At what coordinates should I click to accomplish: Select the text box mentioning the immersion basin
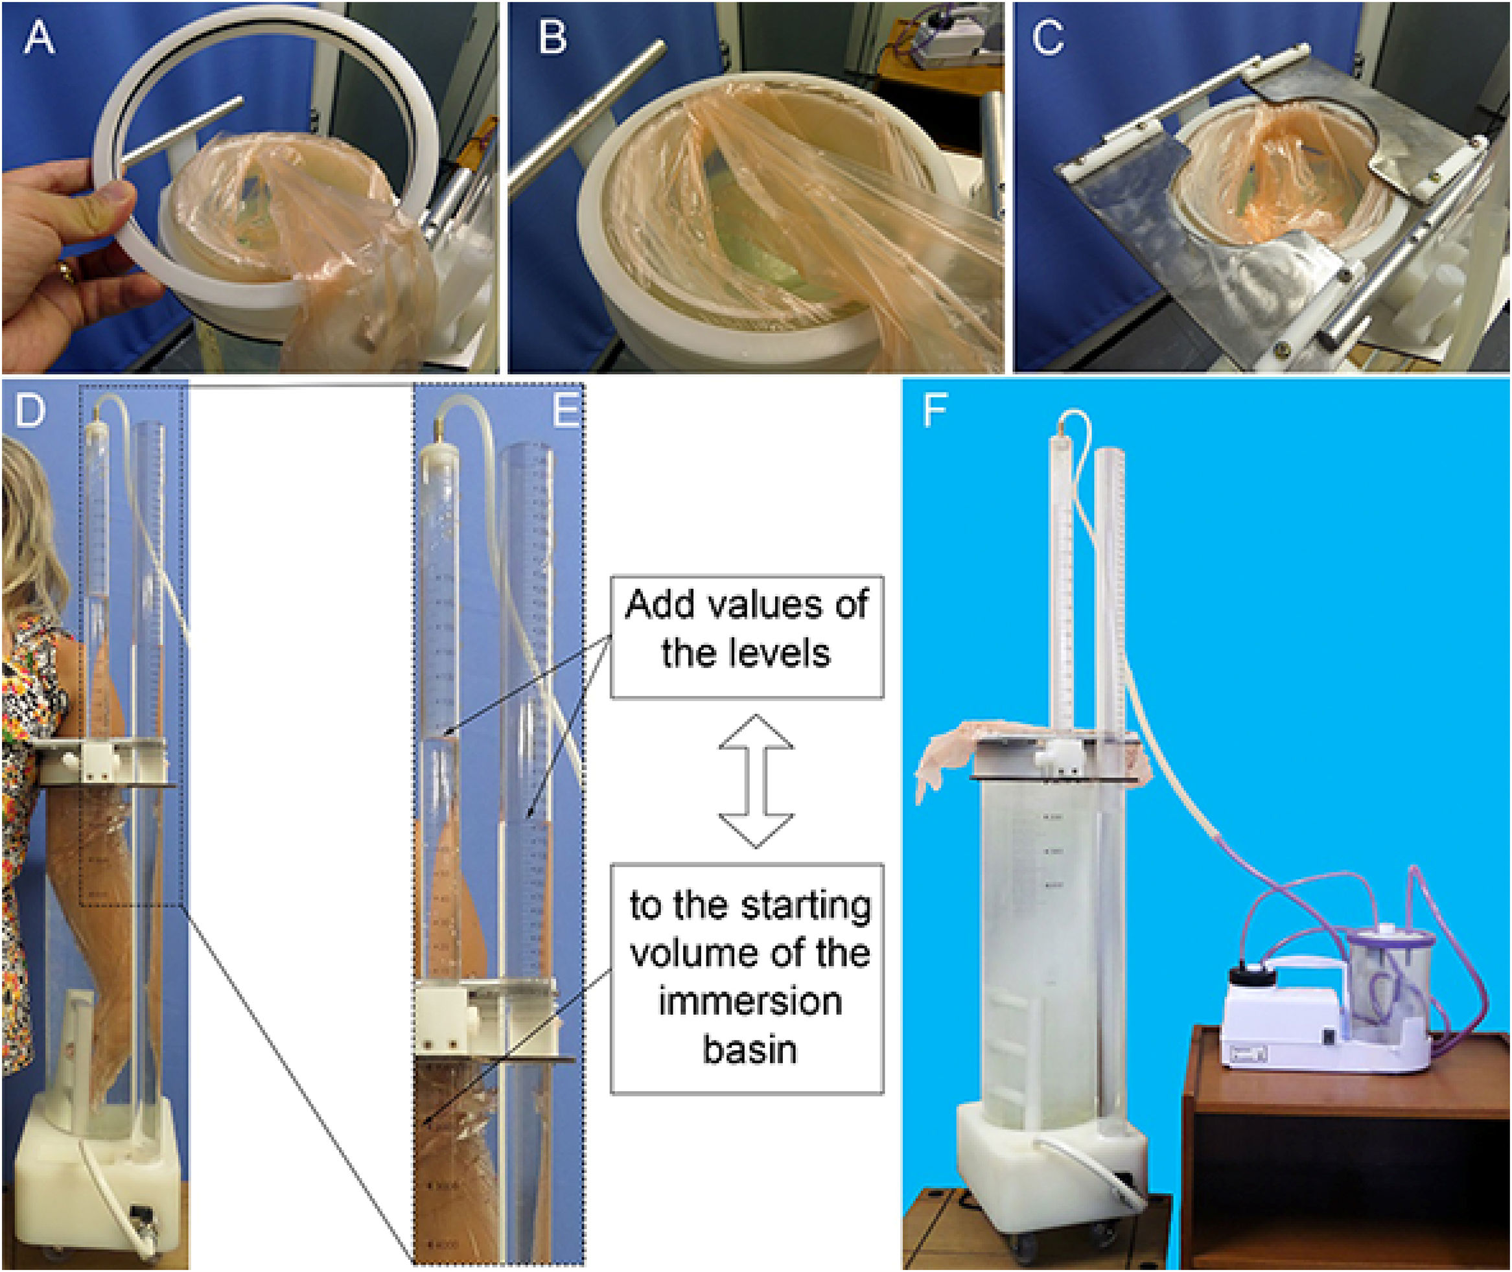747,978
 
